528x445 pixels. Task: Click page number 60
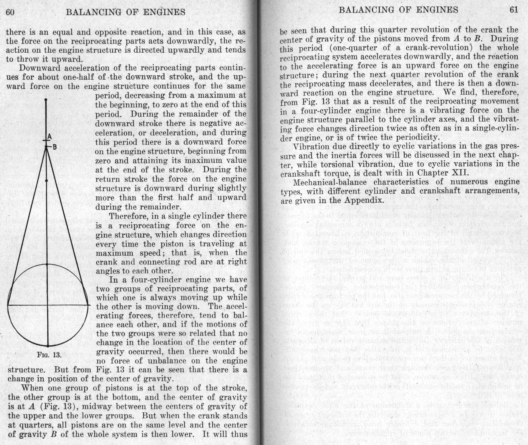10,12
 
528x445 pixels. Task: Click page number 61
514,10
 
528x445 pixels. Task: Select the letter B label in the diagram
54,147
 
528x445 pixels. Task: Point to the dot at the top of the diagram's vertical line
46,100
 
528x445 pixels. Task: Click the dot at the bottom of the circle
48,346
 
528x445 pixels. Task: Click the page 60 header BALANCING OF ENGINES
126,12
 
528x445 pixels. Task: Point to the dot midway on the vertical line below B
46,181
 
